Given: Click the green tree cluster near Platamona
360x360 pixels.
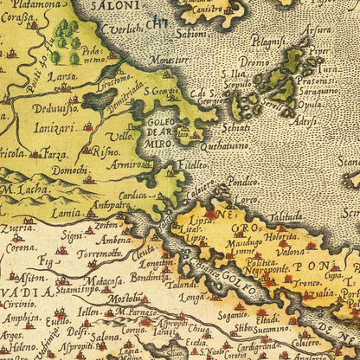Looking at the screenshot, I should (66, 35).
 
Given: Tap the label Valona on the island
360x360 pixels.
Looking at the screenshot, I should (291, 249).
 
